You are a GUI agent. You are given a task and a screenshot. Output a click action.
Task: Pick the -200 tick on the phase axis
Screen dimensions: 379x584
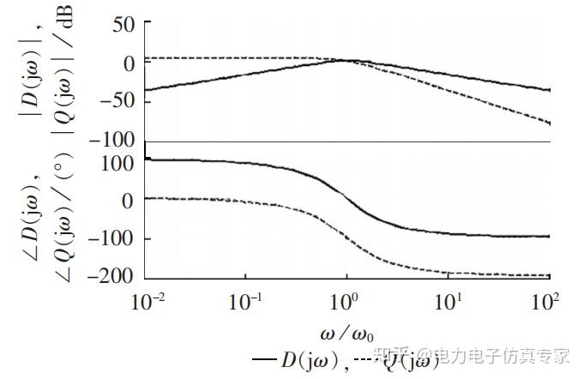click(114, 276)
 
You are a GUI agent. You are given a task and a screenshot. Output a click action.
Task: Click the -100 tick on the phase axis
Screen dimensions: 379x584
click(114, 238)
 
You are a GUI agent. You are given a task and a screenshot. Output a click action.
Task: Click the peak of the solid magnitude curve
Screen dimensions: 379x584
click(347, 60)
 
